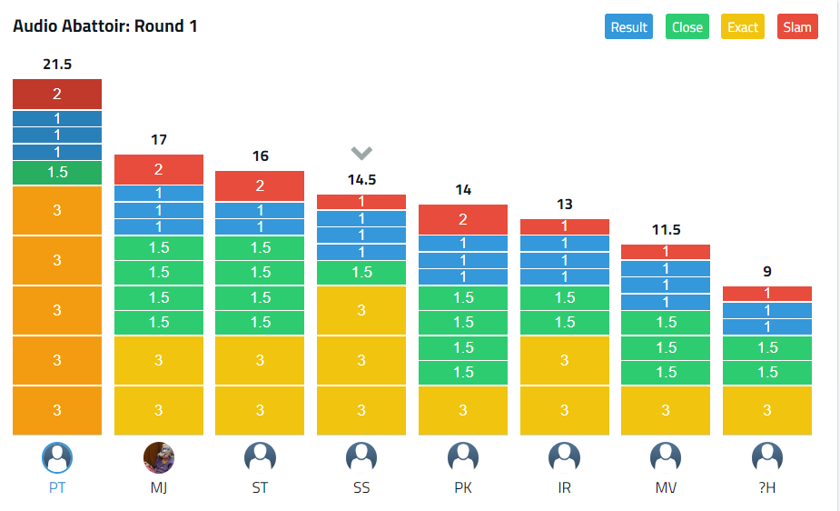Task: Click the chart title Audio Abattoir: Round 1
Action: click(x=105, y=25)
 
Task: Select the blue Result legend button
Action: click(x=628, y=26)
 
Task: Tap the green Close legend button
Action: click(x=687, y=26)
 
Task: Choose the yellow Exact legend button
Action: click(x=742, y=26)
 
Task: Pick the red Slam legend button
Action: click(x=797, y=26)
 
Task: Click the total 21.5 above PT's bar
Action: click(x=56, y=65)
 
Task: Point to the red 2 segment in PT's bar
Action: click(x=56, y=94)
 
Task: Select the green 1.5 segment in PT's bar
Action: click(x=56, y=172)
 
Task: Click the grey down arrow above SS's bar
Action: click(x=361, y=153)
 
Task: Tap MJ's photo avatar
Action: click(x=159, y=457)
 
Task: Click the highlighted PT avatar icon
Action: click(x=57, y=457)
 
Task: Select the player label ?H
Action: click(x=767, y=487)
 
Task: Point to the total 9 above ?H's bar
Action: click(x=767, y=271)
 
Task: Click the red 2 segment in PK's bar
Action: click(x=463, y=219)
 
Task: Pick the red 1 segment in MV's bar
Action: click(x=666, y=252)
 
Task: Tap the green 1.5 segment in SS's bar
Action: click(x=361, y=272)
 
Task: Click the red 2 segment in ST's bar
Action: click(x=260, y=185)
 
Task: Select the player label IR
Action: click(x=564, y=487)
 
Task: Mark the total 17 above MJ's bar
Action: click(x=159, y=140)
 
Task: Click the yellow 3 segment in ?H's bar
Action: click(x=767, y=410)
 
